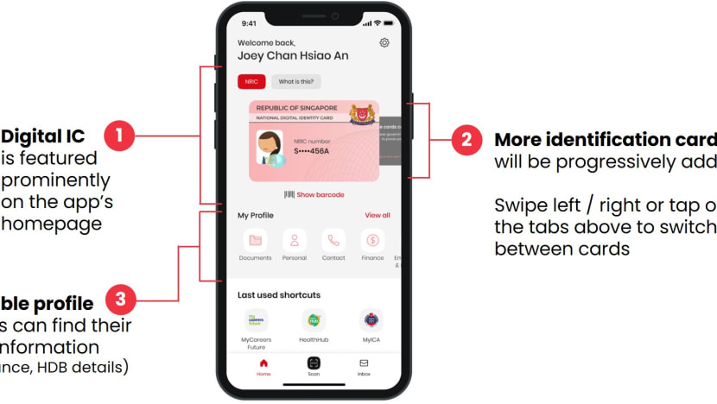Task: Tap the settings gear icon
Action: point(384,43)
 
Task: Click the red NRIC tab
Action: point(251,82)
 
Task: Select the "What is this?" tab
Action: point(296,82)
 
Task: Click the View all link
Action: point(378,215)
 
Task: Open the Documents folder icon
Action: point(255,241)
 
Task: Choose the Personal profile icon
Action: point(295,241)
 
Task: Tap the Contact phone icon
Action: point(333,241)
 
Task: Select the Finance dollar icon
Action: point(373,241)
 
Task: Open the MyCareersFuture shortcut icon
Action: point(256,320)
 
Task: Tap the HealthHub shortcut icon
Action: point(314,320)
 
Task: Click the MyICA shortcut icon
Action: point(371,320)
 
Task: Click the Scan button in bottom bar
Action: point(314,363)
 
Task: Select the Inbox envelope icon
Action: point(364,363)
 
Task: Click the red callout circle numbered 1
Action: point(119,136)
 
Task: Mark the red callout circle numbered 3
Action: point(120,300)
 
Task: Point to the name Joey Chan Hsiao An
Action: point(293,56)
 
